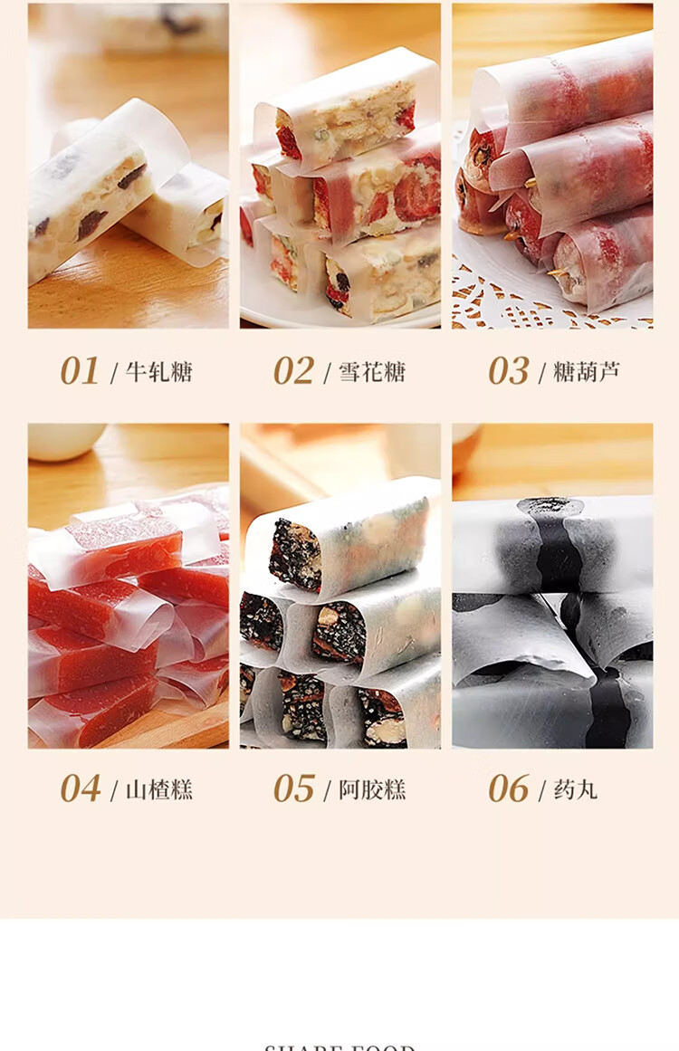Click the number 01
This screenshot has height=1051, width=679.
click(x=80, y=371)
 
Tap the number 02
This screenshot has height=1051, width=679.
click(x=294, y=371)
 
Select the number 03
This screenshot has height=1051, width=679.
click(x=509, y=371)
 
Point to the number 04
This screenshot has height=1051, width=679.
click(x=80, y=788)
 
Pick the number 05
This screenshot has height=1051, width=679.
click(x=294, y=788)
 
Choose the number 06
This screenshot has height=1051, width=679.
click(x=509, y=788)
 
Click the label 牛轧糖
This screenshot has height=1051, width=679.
click(x=159, y=372)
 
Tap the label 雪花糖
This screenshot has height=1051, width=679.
click(x=372, y=372)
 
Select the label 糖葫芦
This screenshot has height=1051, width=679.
click(x=587, y=372)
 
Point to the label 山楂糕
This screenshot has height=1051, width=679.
click(x=159, y=789)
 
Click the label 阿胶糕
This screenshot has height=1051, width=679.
click(x=372, y=789)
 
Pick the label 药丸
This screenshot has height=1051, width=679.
click(x=575, y=789)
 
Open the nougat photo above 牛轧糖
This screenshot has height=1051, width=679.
click(x=128, y=165)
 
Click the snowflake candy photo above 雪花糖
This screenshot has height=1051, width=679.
click(x=340, y=165)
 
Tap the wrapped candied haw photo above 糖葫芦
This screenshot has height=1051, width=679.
click(x=552, y=165)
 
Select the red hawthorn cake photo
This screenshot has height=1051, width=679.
click(x=128, y=586)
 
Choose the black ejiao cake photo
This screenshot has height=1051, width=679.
click(x=340, y=586)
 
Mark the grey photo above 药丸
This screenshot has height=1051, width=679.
click(x=552, y=586)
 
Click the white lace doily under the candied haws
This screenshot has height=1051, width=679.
click(x=507, y=303)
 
